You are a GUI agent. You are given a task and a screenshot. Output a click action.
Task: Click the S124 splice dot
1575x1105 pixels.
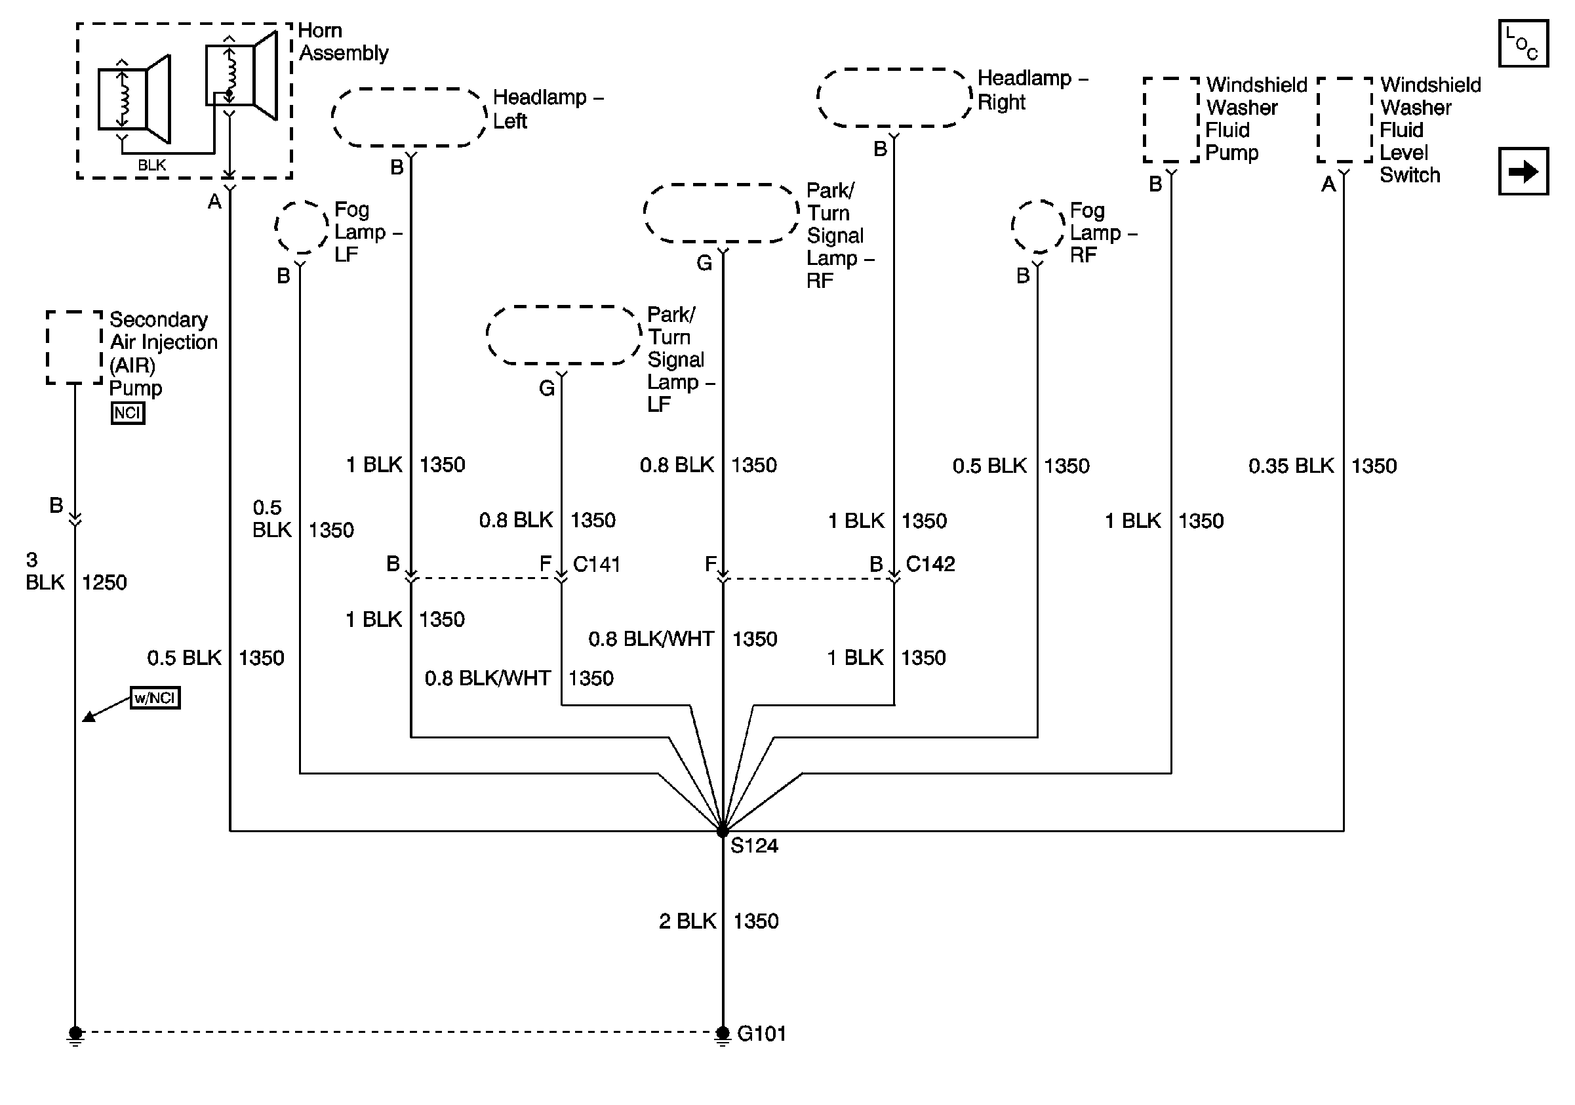coord(723,832)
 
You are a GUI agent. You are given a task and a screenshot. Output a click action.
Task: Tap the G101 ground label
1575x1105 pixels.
coord(761,1034)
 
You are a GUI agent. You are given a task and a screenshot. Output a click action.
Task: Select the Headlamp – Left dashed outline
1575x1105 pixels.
coord(410,117)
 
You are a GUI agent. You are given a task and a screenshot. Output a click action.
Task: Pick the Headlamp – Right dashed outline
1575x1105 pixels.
coord(894,98)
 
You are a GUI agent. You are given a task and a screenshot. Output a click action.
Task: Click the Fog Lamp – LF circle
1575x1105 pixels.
coord(302,227)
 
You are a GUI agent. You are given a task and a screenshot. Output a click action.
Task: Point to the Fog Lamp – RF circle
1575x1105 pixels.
coord(1038,226)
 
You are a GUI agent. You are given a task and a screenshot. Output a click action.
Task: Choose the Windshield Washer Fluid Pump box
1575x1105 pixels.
coord(1172,120)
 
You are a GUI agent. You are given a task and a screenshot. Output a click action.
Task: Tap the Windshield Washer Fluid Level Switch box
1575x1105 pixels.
coord(1344,120)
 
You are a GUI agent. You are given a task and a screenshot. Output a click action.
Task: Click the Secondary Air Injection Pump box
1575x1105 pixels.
coord(75,347)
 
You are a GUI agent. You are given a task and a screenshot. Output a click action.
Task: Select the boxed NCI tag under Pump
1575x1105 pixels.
coord(128,413)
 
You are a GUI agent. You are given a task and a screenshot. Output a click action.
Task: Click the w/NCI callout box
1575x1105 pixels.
coord(155,698)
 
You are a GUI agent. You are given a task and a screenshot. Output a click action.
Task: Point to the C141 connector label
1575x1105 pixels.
coord(597,565)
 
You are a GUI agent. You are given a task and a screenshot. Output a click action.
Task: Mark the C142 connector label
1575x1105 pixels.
coord(931,564)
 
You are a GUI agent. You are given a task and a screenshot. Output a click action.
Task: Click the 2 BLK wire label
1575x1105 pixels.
coord(687,921)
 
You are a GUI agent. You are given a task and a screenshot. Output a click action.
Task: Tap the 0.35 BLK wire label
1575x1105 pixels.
coord(1291,466)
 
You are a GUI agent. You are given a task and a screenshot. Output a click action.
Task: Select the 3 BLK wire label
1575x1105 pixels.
coord(45,571)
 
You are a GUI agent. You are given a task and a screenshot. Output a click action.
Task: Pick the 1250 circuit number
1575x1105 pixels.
coord(104,582)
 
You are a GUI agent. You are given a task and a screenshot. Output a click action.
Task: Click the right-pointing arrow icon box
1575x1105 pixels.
coord(1524,171)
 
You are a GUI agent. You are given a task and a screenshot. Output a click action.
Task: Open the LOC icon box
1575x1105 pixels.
coord(1524,43)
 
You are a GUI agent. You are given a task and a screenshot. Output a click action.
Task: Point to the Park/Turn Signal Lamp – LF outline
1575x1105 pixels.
coord(564,334)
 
